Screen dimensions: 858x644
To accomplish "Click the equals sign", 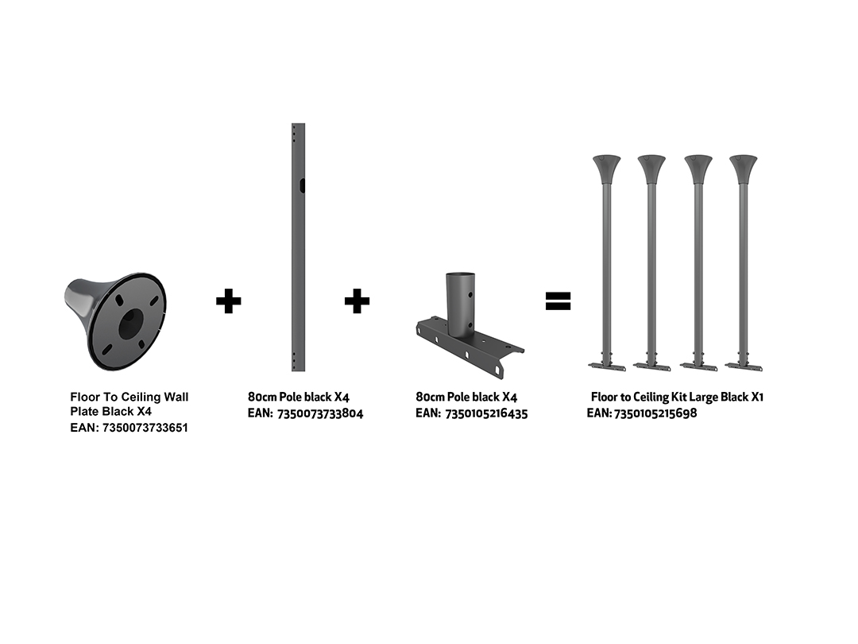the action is [x=558, y=301].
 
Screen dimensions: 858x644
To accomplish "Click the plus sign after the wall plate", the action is [x=228, y=301].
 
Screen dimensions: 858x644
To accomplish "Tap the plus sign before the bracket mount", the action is [x=357, y=301].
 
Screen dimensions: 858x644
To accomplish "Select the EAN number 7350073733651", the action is [x=145, y=428].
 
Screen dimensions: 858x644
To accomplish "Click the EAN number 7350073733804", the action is [x=320, y=413].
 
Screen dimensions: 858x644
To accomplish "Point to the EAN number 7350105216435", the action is [x=486, y=413].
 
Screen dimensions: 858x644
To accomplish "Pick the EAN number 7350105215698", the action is [x=655, y=413].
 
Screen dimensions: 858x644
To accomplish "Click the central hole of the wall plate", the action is [x=131, y=322].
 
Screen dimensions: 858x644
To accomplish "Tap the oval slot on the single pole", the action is [x=302, y=185].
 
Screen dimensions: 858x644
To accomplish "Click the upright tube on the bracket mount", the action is [x=460, y=305].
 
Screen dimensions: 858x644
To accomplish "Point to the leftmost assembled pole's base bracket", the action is [x=607, y=365].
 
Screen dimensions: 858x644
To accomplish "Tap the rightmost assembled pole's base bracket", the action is [x=744, y=365].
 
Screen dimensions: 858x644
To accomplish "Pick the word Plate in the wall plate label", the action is [x=83, y=411].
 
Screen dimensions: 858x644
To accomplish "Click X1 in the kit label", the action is [x=757, y=397].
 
